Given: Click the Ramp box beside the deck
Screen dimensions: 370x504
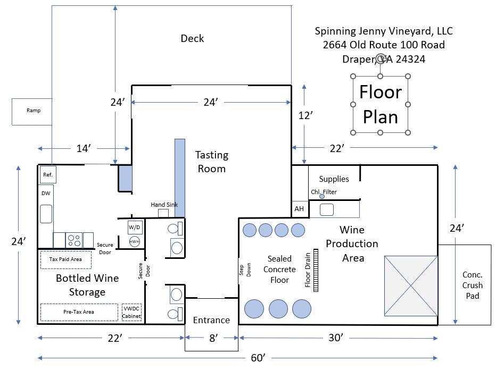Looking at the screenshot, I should click(x=32, y=111).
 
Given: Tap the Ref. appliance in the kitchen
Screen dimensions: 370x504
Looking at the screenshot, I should click(x=48, y=174).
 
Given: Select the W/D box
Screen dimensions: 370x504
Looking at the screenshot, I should click(x=135, y=228).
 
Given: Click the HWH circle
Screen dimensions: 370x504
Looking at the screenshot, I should click(x=135, y=241).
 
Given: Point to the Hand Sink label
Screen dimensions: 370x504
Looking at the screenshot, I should click(x=164, y=205).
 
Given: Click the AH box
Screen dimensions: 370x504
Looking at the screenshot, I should click(x=299, y=209).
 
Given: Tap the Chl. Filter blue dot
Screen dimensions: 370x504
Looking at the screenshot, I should click(x=322, y=197).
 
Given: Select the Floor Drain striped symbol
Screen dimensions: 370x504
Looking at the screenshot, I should click(x=316, y=271).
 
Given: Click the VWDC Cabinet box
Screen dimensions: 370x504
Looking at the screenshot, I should click(x=132, y=312).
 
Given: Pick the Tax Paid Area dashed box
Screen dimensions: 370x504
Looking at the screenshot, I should click(x=65, y=259).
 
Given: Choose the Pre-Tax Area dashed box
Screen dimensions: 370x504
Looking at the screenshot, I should click(x=79, y=312).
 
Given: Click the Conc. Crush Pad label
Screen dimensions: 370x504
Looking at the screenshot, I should click(x=472, y=285).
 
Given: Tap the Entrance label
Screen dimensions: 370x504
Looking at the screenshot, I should click(x=211, y=320).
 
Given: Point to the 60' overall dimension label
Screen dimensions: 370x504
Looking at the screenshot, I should click(x=258, y=358).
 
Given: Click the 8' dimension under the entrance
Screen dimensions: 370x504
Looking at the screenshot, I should click(x=213, y=338).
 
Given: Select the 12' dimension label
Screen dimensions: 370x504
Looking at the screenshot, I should click(x=304, y=115).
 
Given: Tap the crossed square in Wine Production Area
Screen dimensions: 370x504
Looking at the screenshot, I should click(x=411, y=285).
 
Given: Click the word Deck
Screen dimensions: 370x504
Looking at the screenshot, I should click(x=192, y=38).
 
